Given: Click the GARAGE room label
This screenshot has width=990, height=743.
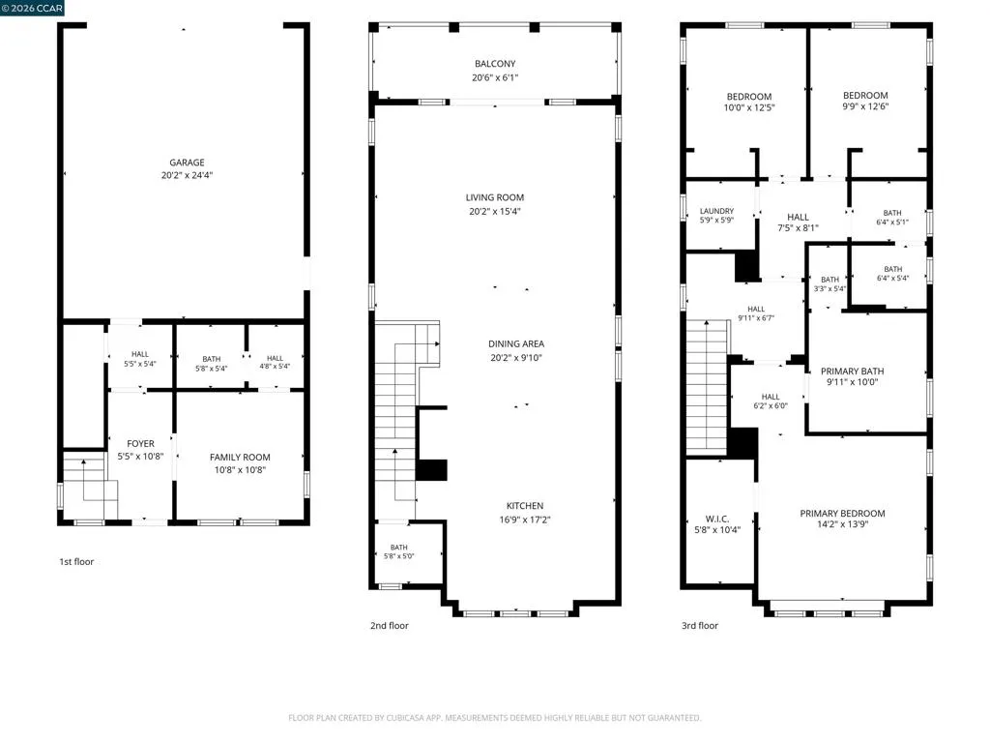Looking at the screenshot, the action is [x=187, y=163].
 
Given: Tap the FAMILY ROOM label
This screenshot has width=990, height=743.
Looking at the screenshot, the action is [x=240, y=457].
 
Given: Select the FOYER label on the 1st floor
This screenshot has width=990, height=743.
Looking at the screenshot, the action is [x=140, y=443].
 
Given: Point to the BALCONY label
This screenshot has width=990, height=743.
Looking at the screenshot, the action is [x=495, y=64].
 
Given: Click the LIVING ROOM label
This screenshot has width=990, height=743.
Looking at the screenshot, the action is [x=495, y=197].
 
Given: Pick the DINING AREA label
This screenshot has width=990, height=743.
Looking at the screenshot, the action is [x=516, y=343].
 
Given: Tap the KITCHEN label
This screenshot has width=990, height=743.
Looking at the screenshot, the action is [x=525, y=505].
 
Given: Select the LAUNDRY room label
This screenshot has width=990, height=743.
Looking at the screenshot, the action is [x=716, y=211].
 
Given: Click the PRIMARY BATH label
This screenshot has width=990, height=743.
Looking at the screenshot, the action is [x=853, y=371].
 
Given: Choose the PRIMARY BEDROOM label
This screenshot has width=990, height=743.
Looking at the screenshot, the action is [x=842, y=513].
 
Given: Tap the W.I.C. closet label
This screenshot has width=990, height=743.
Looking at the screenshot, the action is [x=717, y=519].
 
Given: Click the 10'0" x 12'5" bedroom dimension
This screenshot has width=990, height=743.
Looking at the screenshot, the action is [x=749, y=107].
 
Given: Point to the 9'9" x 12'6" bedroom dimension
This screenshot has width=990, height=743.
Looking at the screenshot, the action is [x=865, y=106].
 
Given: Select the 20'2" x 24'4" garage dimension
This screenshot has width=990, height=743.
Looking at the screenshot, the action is [x=187, y=175].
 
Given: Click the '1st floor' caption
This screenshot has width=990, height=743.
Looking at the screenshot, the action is [x=76, y=562].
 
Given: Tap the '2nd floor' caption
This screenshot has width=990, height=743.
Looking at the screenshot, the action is [x=390, y=626].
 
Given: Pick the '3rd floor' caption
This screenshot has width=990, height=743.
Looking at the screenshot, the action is [x=700, y=626].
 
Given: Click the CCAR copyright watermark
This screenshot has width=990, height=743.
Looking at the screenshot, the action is [x=32, y=8].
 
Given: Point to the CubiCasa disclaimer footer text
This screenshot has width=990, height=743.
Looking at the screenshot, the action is [x=494, y=718].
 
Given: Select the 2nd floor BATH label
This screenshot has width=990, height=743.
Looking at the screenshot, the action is [x=399, y=548].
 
